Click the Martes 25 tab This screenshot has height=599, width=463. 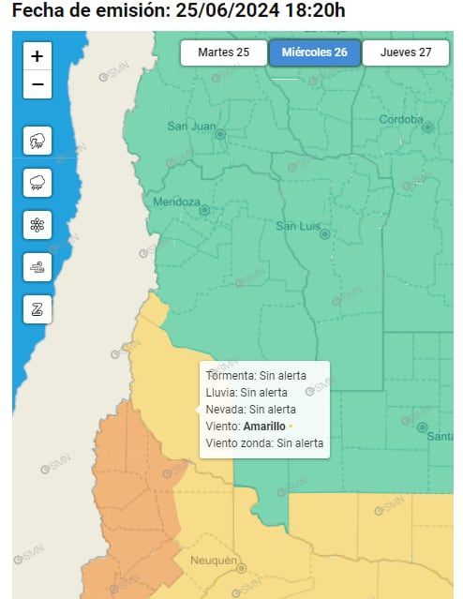coord(223,52)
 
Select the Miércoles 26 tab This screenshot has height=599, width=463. coord(314,52)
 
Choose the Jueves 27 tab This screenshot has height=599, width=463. coord(405,52)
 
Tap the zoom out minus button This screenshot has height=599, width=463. coord(37,84)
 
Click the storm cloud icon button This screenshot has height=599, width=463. coord(37,142)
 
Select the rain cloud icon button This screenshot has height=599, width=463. coord(37,183)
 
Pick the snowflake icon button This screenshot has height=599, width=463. coord(37,225)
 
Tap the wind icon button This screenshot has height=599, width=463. coord(37,267)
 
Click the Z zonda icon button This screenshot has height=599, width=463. coord(37,308)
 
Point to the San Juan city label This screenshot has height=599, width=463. coord(191,126)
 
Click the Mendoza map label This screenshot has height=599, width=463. coord(176,202)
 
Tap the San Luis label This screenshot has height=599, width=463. coord(299,226)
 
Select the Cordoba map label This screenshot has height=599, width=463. coord(402,119)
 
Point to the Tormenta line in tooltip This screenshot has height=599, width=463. coord(242,375)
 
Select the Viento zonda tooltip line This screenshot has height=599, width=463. coord(264,442)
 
